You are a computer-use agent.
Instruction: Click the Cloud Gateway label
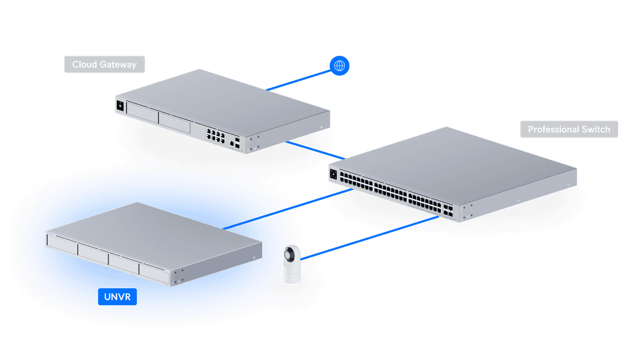(104, 64)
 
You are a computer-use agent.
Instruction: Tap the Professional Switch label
(568, 129)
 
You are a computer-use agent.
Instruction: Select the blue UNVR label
(117, 298)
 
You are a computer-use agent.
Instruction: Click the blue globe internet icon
(340, 65)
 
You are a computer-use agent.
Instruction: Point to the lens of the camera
(289, 257)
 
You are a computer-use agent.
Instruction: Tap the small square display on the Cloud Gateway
(120, 106)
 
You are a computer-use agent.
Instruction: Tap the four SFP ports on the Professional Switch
(448, 211)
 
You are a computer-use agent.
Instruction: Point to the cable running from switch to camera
(366, 238)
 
